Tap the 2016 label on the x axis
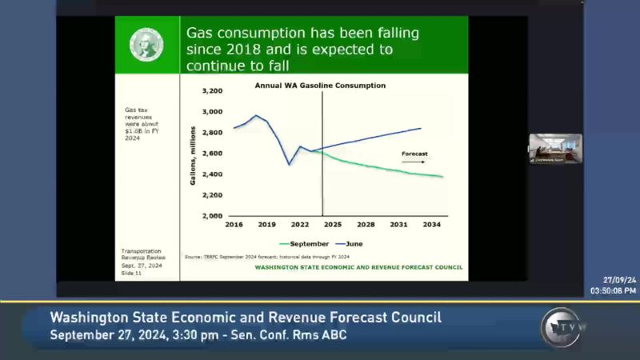(x=234, y=225)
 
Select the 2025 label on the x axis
(x=333, y=225)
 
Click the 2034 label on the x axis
(x=432, y=225)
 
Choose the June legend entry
(x=353, y=243)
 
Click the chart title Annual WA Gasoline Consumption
(x=320, y=85)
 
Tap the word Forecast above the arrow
(x=415, y=152)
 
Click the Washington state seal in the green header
(x=146, y=45)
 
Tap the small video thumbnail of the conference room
(x=555, y=149)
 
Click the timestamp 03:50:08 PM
(x=614, y=291)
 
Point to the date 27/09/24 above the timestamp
(x=620, y=281)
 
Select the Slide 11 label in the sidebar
(x=133, y=274)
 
